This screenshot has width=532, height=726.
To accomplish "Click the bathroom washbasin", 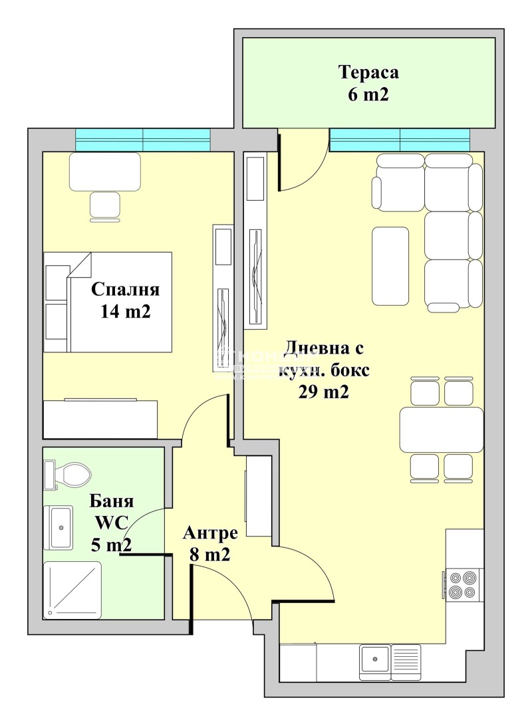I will click(x=59, y=527).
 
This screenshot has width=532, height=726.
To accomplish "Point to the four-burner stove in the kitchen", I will click(x=463, y=584).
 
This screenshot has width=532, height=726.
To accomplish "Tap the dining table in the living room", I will click(x=441, y=429).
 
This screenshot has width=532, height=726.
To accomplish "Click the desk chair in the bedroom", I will click(x=105, y=205).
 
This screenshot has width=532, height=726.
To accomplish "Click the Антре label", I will click(x=210, y=533).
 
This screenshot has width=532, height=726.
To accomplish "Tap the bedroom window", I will click(x=143, y=140).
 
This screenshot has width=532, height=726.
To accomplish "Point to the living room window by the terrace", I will click(x=400, y=140).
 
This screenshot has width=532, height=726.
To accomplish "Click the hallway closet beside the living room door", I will click(x=259, y=496).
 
